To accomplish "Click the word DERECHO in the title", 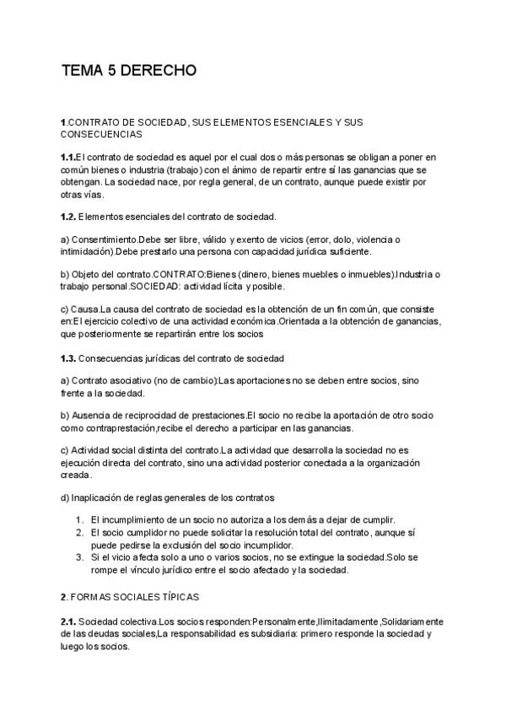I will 159,71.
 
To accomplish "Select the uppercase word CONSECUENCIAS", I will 101,134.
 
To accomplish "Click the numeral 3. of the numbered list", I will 78,557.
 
